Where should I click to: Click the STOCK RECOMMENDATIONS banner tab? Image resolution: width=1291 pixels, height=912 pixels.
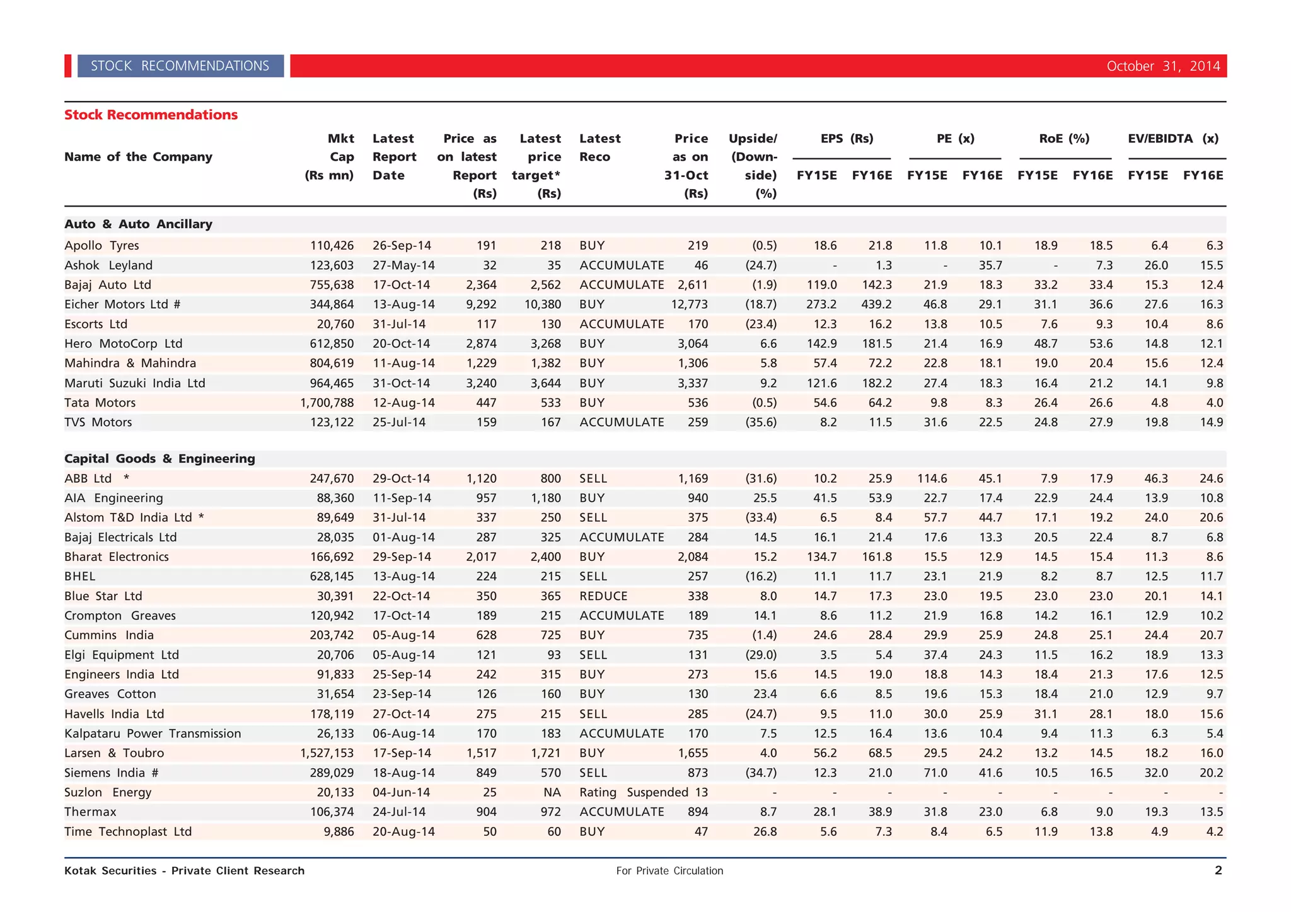[x=180, y=66]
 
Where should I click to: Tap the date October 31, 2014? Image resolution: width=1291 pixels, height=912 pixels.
[x=1162, y=66]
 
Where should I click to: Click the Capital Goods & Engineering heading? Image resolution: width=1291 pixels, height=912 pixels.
[x=159, y=459]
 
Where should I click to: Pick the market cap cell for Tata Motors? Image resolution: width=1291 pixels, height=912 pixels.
[x=327, y=403]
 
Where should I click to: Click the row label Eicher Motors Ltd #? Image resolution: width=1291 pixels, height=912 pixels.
[x=122, y=304]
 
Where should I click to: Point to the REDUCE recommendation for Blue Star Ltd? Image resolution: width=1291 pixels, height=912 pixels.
[x=603, y=596]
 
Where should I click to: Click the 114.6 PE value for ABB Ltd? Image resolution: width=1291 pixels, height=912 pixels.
[x=932, y=478]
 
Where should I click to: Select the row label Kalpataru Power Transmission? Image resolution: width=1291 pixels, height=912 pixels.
[x=153, y=734]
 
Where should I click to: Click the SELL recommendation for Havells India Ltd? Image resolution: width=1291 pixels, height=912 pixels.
[x=593, y=714]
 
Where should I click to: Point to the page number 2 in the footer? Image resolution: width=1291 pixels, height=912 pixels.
[x=1218, y=870]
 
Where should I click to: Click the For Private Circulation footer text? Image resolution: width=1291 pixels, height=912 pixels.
[x=669, y=871]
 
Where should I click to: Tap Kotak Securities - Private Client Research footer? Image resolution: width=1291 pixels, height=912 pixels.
[x=184, y=871]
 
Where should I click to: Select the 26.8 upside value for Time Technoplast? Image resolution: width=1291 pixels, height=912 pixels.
[x=765, y=832]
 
